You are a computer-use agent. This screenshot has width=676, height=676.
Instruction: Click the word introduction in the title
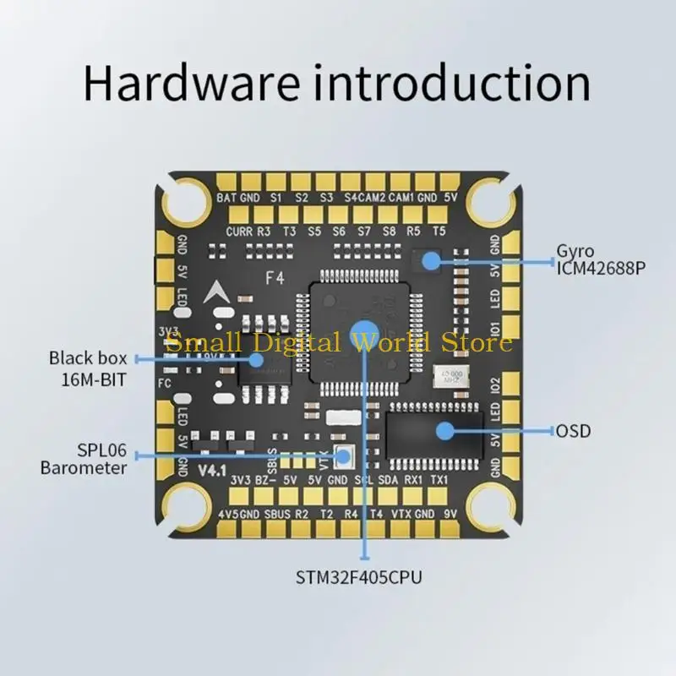click(447, 83)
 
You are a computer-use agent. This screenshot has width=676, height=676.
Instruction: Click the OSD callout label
click(573, 432)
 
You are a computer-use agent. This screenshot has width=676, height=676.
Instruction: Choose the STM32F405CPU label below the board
click(358, 578)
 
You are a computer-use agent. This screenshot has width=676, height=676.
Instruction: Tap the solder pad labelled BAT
click(226, 182)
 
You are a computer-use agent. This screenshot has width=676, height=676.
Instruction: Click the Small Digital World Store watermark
click(338, 342)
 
